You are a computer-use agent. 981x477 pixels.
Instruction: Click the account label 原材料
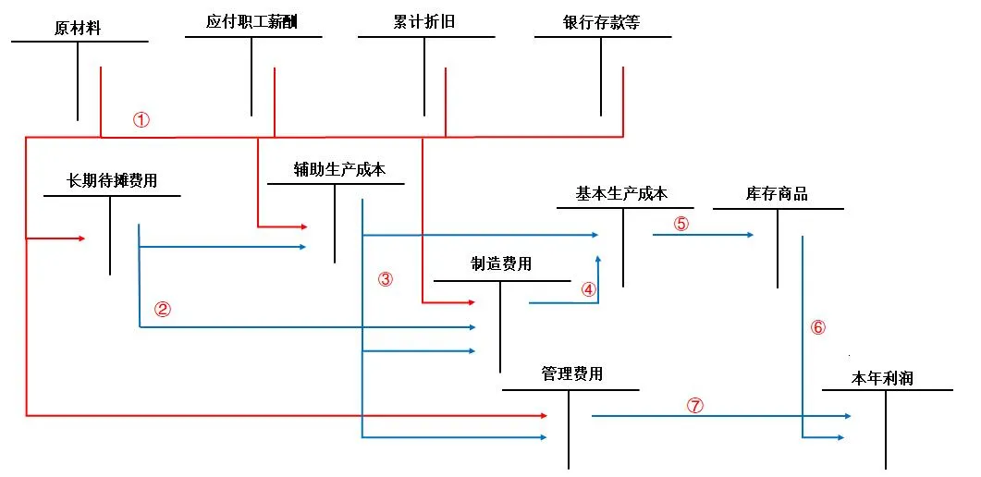pos(79,29)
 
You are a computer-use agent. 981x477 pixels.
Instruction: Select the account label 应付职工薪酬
pos(251,23)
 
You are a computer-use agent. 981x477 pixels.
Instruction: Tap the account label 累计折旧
pos(424,23)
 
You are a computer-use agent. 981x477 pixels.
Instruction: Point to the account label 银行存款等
pos(601,23)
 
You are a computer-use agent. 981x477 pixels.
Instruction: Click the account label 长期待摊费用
pos(111,182)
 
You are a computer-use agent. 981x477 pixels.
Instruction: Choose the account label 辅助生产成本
pos(339,169)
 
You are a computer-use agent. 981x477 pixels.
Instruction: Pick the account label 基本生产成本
pos(622,194)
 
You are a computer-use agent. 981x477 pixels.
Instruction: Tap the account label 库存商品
pos(777,194)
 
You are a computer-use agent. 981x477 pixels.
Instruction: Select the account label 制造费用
pos(501,264)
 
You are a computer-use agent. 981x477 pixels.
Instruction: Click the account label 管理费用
pos(571,374)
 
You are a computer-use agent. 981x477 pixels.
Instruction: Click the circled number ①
pos(141,119)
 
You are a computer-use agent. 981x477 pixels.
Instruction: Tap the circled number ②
pos(162,310)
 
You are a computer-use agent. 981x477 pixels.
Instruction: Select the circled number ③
pos(386,279)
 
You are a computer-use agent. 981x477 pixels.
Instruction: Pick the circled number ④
pos(589,288)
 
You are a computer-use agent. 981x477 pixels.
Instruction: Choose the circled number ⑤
pos(681,224)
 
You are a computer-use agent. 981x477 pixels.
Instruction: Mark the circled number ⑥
pos(817,327)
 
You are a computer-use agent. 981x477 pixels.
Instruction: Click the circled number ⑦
pos(695,406)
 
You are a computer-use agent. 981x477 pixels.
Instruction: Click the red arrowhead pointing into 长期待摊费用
pos(81,238)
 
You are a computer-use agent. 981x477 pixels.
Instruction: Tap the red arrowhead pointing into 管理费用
pos(543,415)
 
